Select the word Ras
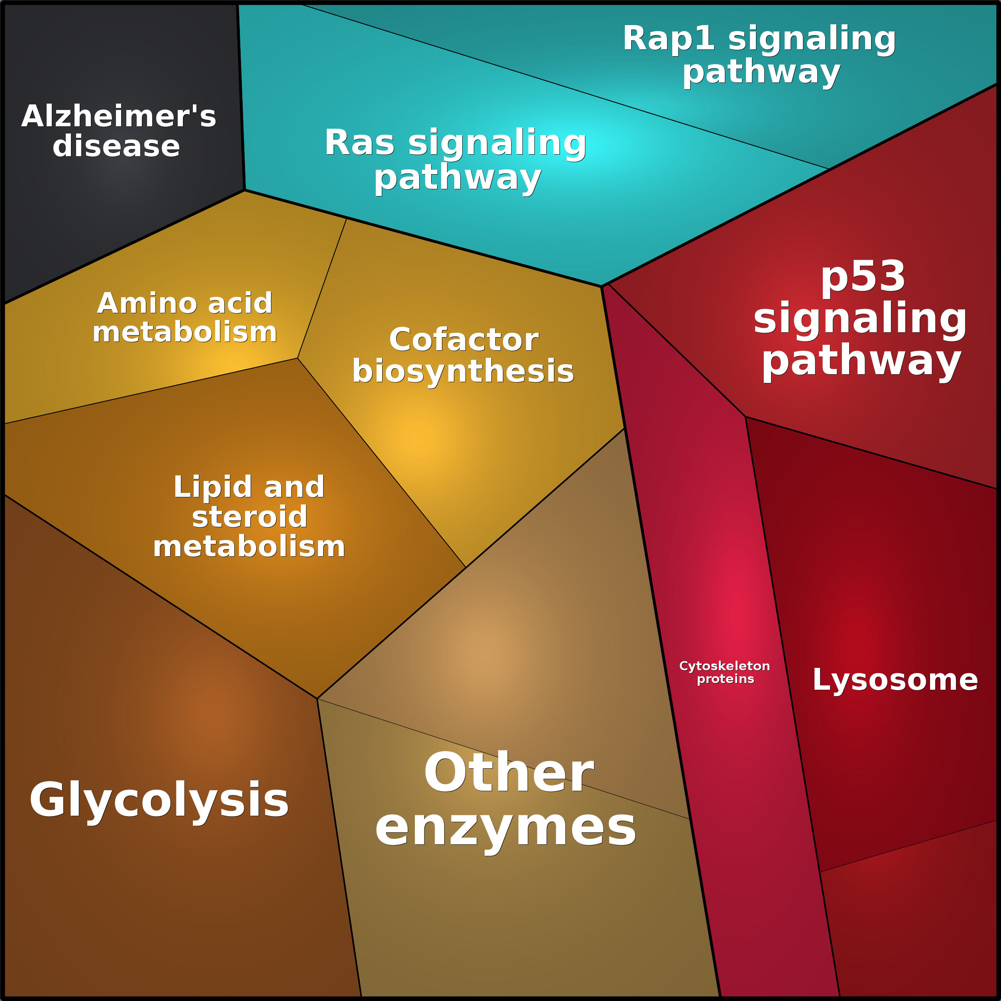pyautogui.click(x=359, y=143)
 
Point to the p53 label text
pyautogui.click(x=863, y=276)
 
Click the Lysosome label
pyautogui.click(x=895, y=680)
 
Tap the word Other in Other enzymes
pyautogui.click(x=508, y=773)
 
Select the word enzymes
pyautogui.click(x=505, y=828)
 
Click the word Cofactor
pyautogui.click(x=464, y=340)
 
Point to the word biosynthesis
pyautogui.click(x=463, y=371)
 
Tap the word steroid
pyautogui.click(x=249, y=517)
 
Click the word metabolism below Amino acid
pyautogui.click(x=184, y=332)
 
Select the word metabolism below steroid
pyautogui.click(x=249, y=547)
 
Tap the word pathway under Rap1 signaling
pyautogui.click(x=761, y=72)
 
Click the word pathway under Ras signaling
pyautogui.click(x=457, y=178)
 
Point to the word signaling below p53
pyautogui.click(x=860, y=319)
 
